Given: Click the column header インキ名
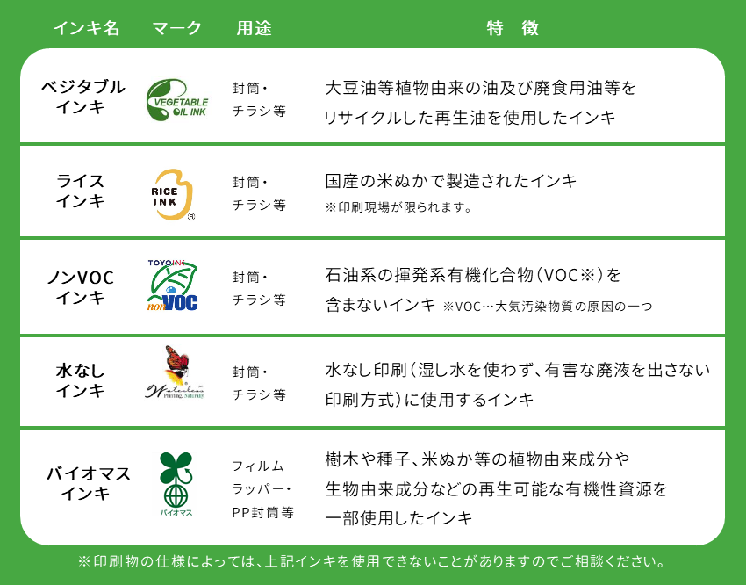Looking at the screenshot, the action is click(x=86, y=28).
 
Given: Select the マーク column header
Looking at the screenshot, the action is click(x=177, y=28).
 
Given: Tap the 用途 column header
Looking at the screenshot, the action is click(x=254, y=28).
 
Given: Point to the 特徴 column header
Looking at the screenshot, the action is click(x=513, y=28).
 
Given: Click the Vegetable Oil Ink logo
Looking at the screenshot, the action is click(x=177, y=99).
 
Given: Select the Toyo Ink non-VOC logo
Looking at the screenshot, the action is click(x=172, y=285).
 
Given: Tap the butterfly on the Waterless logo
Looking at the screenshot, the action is click(x=176, y=360).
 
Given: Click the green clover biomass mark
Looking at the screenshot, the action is click(x=176, y=480).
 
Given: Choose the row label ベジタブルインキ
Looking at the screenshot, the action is click(x=82, y=97).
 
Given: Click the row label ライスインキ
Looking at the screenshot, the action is click(x=80, y=191).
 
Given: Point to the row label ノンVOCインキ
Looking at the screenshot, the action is click(x=81, y=287).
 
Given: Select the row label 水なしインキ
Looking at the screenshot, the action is click(x=80, y=380).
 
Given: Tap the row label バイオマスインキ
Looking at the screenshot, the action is click(x=88, y=483).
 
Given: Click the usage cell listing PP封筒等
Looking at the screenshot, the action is click(x=262, y=489).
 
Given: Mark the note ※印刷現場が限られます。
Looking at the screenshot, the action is click(x=398, y=207).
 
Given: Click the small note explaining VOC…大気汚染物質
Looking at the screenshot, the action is click(x=547, y=307).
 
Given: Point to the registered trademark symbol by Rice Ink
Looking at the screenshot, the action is click(x=190, y=217).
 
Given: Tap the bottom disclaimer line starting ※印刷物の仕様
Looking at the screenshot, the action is click(x=371, y=561).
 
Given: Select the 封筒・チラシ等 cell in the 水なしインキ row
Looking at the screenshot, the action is click(x=259, y=383).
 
